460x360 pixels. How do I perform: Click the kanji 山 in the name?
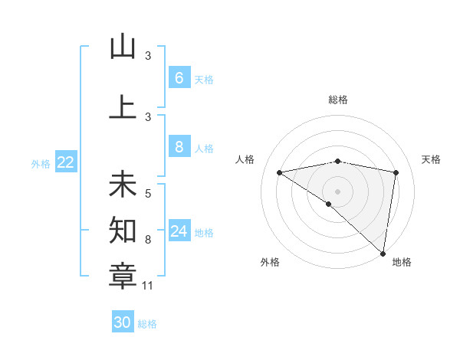pos(123,47)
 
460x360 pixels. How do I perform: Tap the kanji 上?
pos(123,107)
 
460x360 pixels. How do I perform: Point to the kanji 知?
pos(123,228)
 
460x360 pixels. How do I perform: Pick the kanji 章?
pos(123,273)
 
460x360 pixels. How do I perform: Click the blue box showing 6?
pos(179,77)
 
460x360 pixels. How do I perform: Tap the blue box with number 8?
pos(179,147)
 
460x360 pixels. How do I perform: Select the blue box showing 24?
pos(179,231)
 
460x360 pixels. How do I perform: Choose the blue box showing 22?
pos(66,162)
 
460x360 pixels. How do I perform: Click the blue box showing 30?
pos(123,322)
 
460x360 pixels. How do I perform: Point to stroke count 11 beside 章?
pos(148,286)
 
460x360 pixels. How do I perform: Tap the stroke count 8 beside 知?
pos(148,240)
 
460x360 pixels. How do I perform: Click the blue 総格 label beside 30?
pos(147,324)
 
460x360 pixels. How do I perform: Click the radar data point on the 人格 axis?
pos(280,172)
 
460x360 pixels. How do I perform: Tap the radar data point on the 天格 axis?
pos(396,172)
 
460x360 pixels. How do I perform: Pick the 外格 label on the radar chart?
pos(270,263)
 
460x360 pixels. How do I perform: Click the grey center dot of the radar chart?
pos(337,191)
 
